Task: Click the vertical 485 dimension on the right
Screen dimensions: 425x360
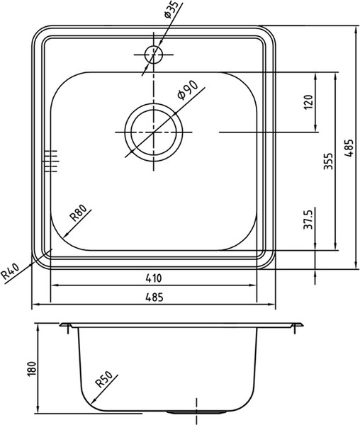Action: coord(347,147)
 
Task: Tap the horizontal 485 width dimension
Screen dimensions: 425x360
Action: coord(154,298)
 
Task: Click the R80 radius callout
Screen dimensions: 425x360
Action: coord(79,213)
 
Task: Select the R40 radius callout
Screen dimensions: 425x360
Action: coord(10,270)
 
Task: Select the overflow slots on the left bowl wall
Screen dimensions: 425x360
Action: coord(50,161)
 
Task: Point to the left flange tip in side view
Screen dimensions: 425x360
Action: coord(64,326)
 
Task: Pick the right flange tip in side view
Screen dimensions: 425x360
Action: coord(297,326)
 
